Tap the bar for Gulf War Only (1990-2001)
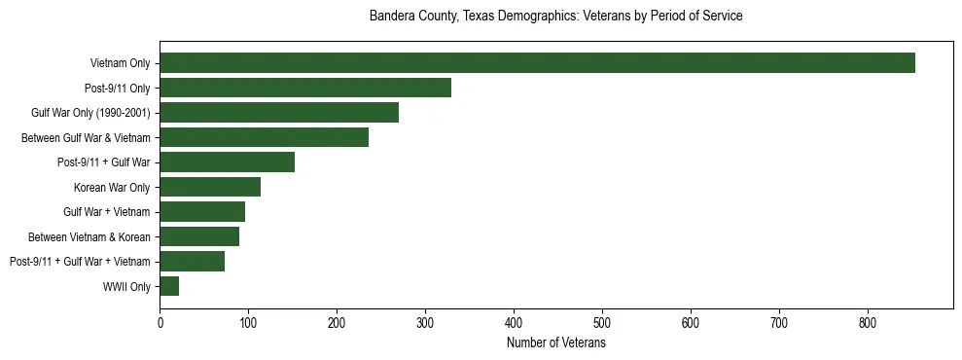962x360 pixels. pos(279,113)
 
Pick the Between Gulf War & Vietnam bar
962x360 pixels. pos(264,137)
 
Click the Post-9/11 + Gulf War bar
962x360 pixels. pos(227,162)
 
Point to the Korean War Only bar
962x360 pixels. pos(210,187)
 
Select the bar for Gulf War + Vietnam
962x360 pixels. pos(202,212)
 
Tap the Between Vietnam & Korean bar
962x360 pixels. pos(199,236)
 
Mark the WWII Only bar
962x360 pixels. pos(169,286)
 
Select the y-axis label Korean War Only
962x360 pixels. pos(112,187)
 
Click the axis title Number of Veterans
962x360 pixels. pos(556,342)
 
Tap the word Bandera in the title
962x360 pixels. pos(390,17)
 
